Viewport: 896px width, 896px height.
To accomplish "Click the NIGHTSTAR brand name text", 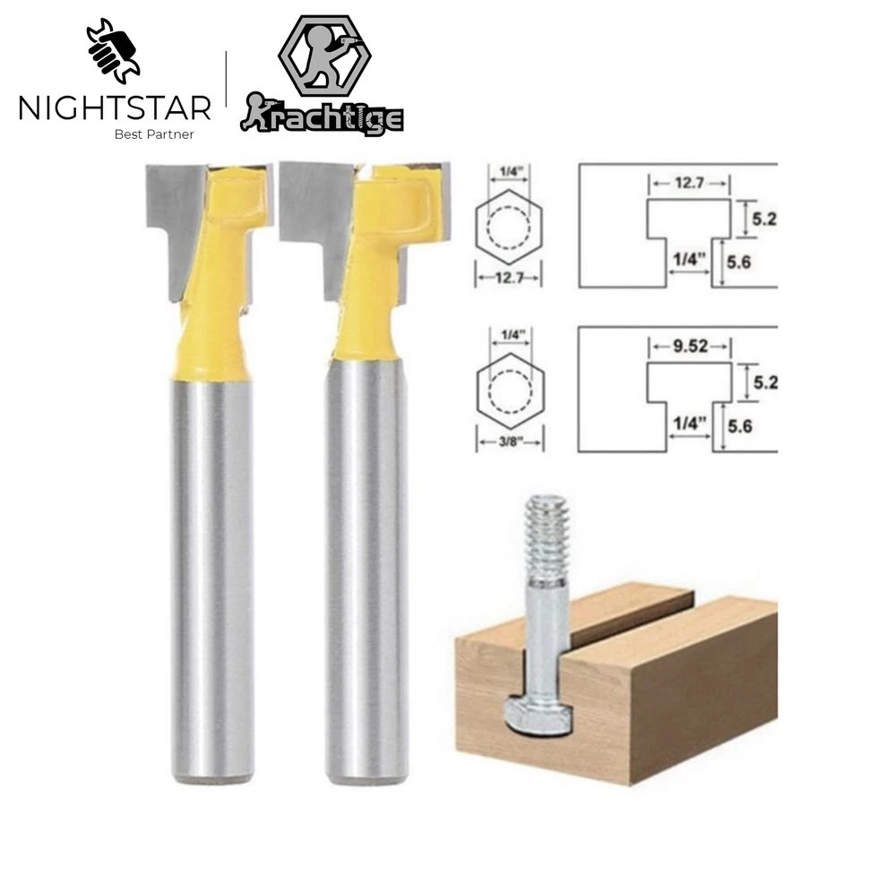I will coord(115,108).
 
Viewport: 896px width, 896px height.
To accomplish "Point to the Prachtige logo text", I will coord(323,117).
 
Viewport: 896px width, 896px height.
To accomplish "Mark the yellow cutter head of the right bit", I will coord(381,242).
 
